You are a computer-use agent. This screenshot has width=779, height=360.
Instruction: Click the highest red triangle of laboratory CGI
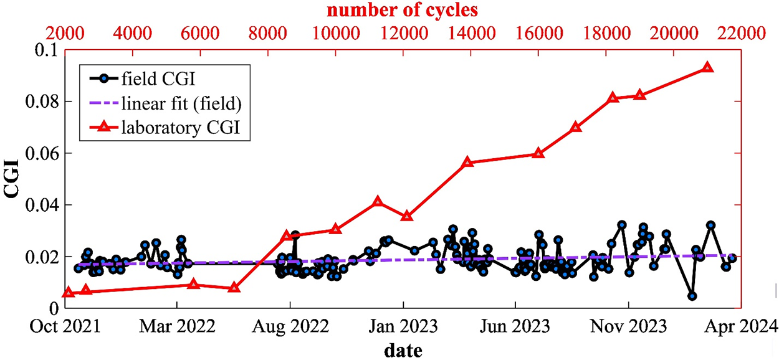(x=707, y=67)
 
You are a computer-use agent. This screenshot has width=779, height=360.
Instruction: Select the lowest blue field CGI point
(x=692, y=296)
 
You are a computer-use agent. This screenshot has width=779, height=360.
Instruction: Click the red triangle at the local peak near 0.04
(x=377, y=202)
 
